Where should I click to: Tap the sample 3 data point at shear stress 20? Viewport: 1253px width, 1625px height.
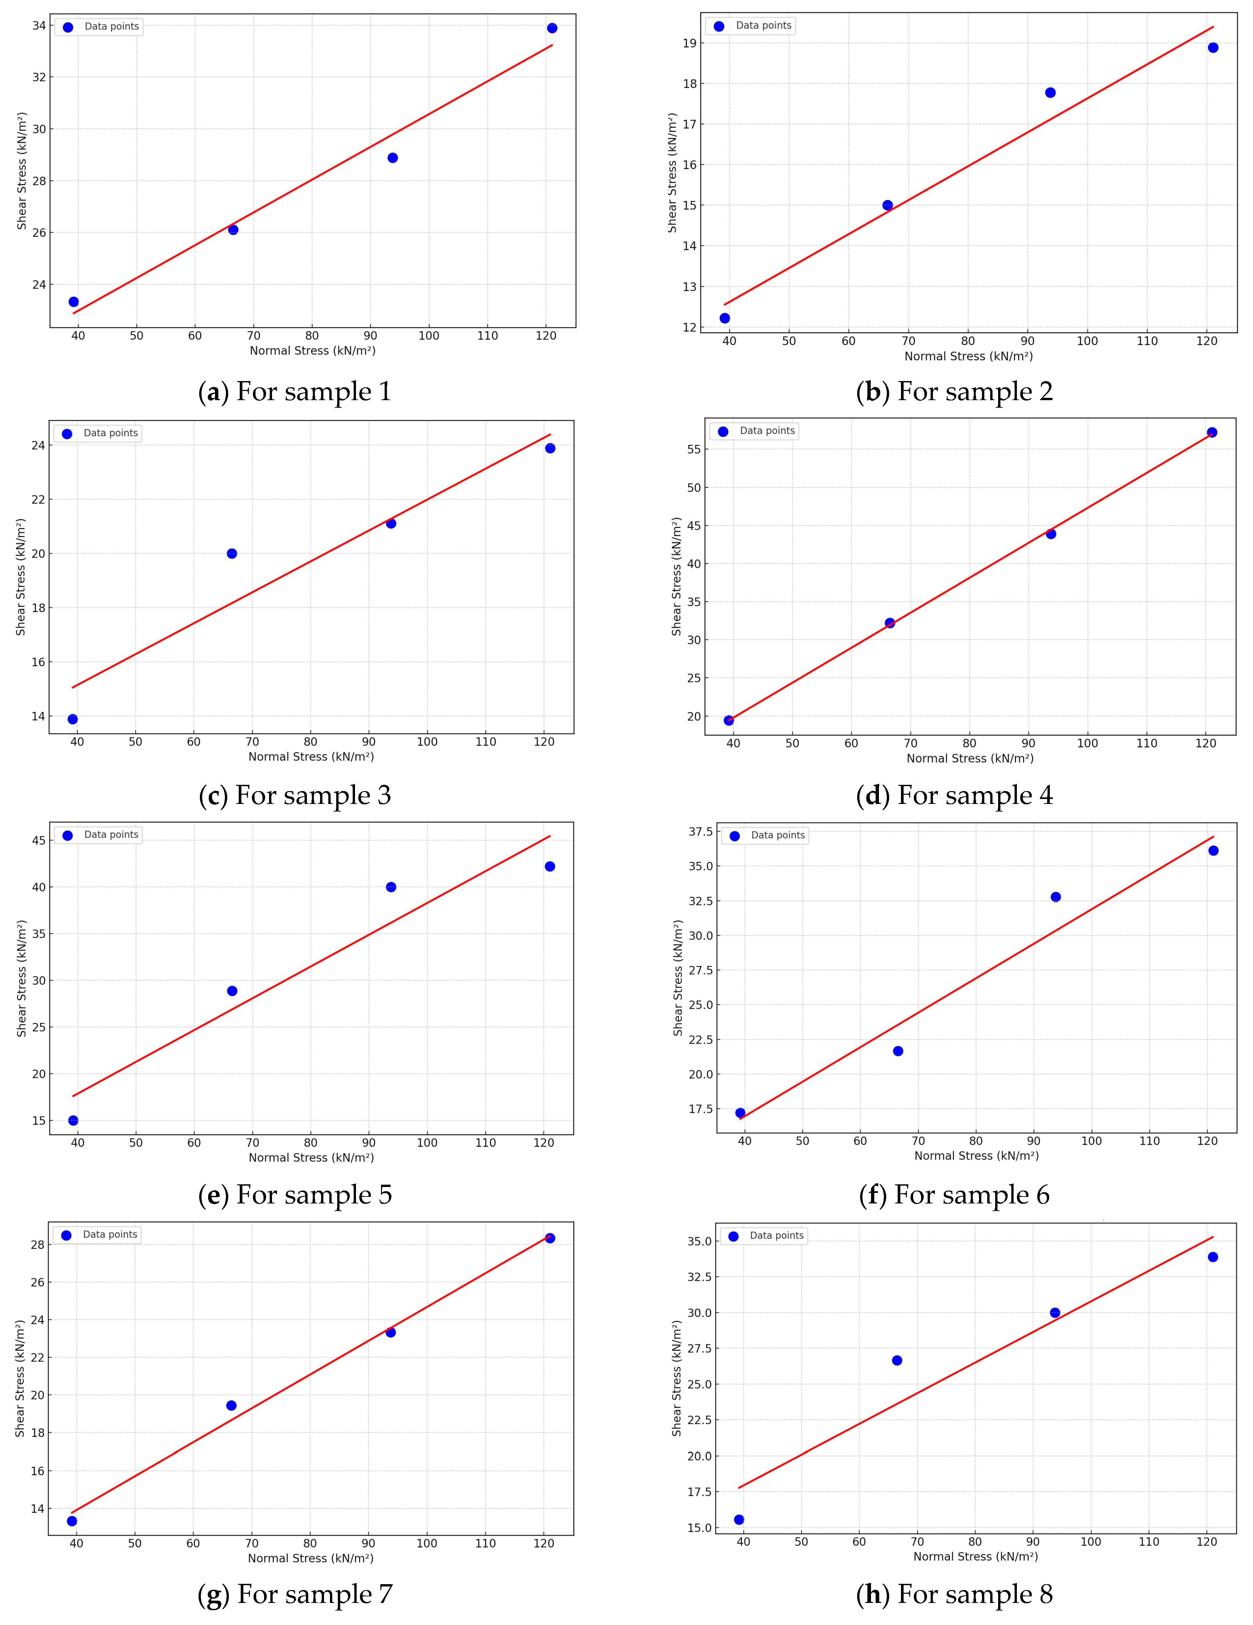(232, 554)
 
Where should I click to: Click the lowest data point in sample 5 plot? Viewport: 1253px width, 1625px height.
(73, 1120)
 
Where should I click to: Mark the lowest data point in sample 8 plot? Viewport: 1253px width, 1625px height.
(739, 1519)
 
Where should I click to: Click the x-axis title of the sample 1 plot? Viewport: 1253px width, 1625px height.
(313, 350)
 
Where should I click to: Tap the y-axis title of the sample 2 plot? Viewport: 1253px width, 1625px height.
(673, 173)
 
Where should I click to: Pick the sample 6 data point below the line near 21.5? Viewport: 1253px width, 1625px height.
(898, 1051)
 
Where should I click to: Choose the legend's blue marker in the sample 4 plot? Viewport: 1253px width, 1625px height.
(722, 431)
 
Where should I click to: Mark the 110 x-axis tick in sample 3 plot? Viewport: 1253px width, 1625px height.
(486, 742)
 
